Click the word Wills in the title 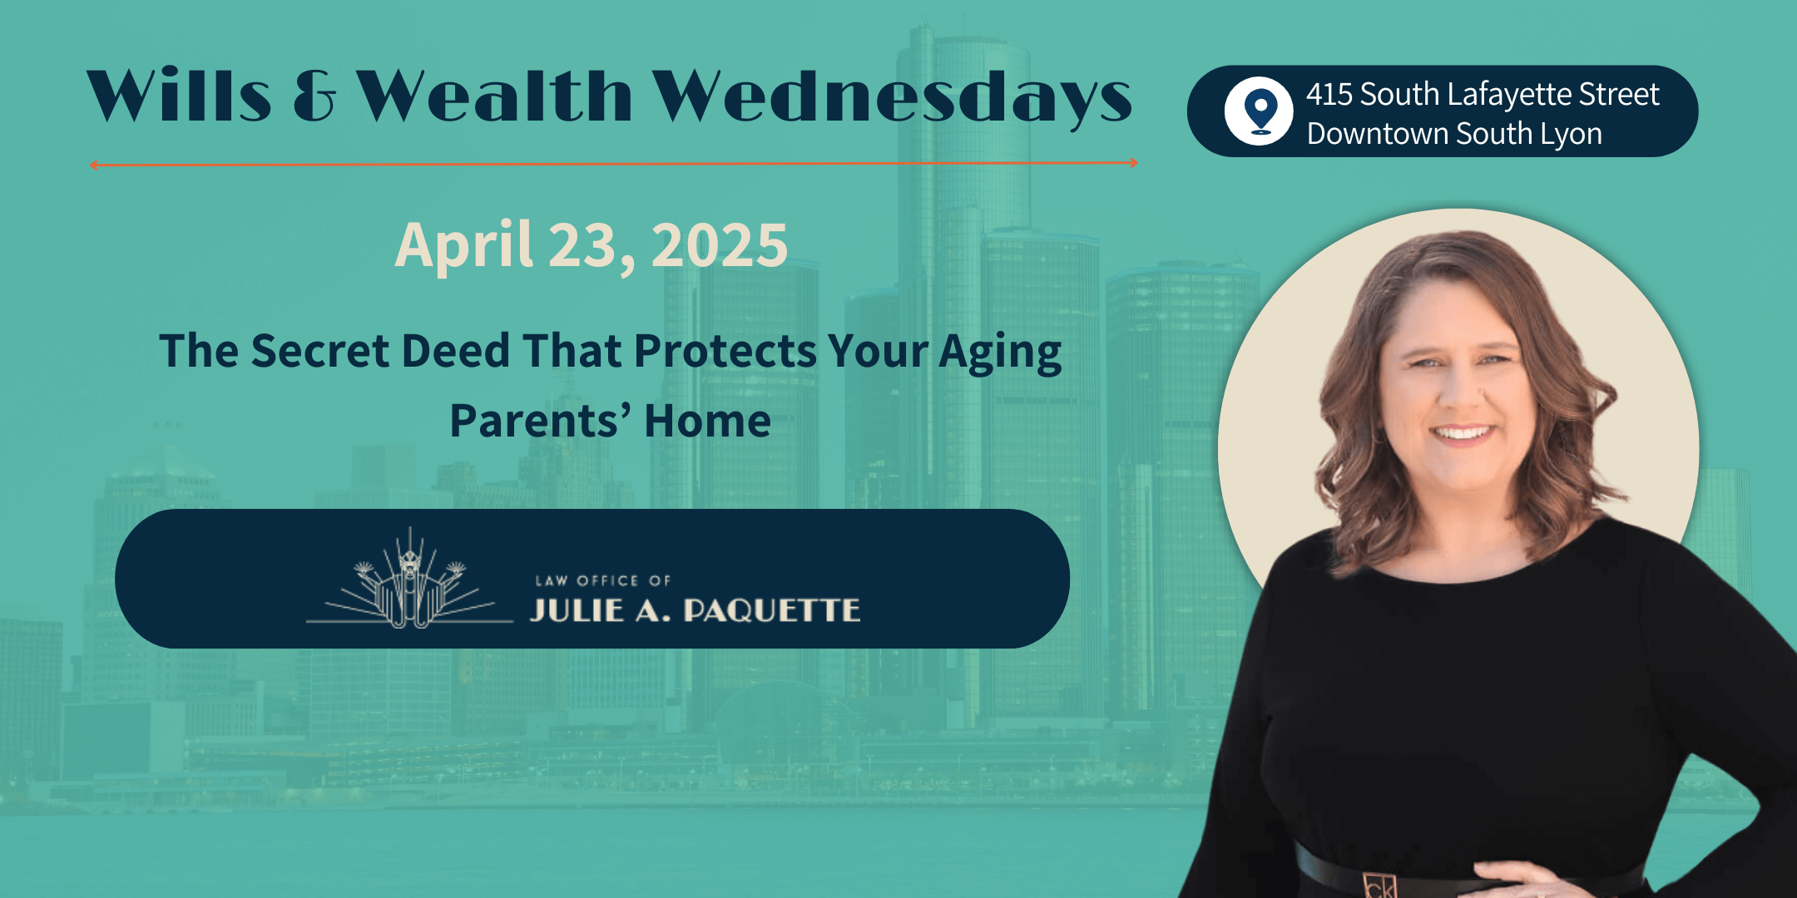[x=179, y=95]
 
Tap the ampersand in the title [x=314, y=96]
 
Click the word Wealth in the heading [x=494, y=95]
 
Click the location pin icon [x=1260, y=111]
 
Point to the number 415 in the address [x=1329, y=94]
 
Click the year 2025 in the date [x=720, y=245]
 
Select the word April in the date [x=463, y=247]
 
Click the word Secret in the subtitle [x=320, y=351]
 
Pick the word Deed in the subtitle [x=456, y=351]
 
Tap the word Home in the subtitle [x=707, y=421]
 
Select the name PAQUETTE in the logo [x=772, y=611]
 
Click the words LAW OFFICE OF [x=603, y=580]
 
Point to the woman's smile [x=1462, y=433]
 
